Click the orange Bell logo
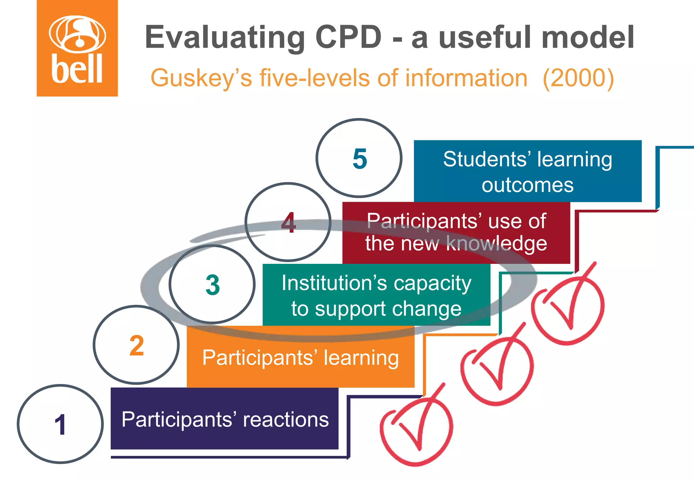77,48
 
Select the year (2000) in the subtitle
578,78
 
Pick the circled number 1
60,424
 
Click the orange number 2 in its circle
137,345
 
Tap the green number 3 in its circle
212,285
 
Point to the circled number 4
288,223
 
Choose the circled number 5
360,158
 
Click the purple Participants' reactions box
225,419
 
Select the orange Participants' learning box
301,358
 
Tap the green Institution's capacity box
376,295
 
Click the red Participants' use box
456,233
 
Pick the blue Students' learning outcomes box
528,171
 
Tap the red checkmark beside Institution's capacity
568,307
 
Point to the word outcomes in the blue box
528,185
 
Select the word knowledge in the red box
497,244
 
